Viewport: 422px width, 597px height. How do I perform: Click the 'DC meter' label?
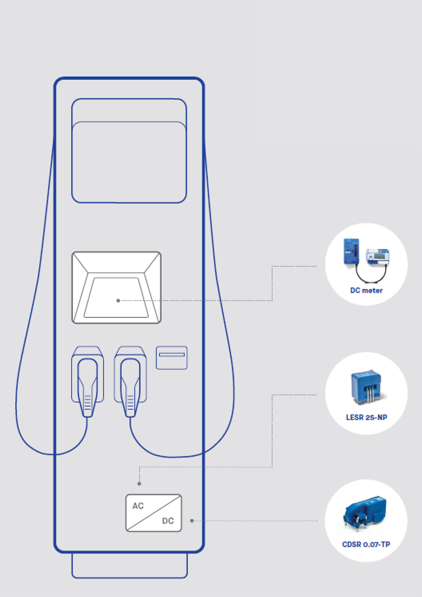[x=366, y=290]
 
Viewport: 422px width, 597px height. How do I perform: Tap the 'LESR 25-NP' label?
[x=366, y=417]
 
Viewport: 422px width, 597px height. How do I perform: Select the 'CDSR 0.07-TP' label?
[x=366, y=544]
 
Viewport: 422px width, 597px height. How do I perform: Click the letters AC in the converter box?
[x=138, y=506]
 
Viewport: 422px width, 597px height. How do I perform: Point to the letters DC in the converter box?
[x=168, y=521]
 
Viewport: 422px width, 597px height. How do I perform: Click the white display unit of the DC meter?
[x=378, y=256]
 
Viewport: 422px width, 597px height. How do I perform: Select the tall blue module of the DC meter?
[x=351, y=251]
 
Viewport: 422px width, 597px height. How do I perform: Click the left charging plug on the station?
[x=87, y=387]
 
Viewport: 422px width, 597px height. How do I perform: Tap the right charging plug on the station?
[x=130, y=387]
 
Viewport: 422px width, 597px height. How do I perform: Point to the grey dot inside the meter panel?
[x=118, y=300]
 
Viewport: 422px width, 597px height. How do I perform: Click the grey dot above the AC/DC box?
[x=139, y=484]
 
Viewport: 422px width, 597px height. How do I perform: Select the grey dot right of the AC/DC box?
[x=192, y=521]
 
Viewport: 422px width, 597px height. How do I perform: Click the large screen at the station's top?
[x=129, y=158]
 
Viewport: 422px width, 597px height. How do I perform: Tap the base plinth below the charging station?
[x=129, y=565]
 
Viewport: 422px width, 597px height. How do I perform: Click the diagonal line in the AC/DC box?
[x=154, y=513]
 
